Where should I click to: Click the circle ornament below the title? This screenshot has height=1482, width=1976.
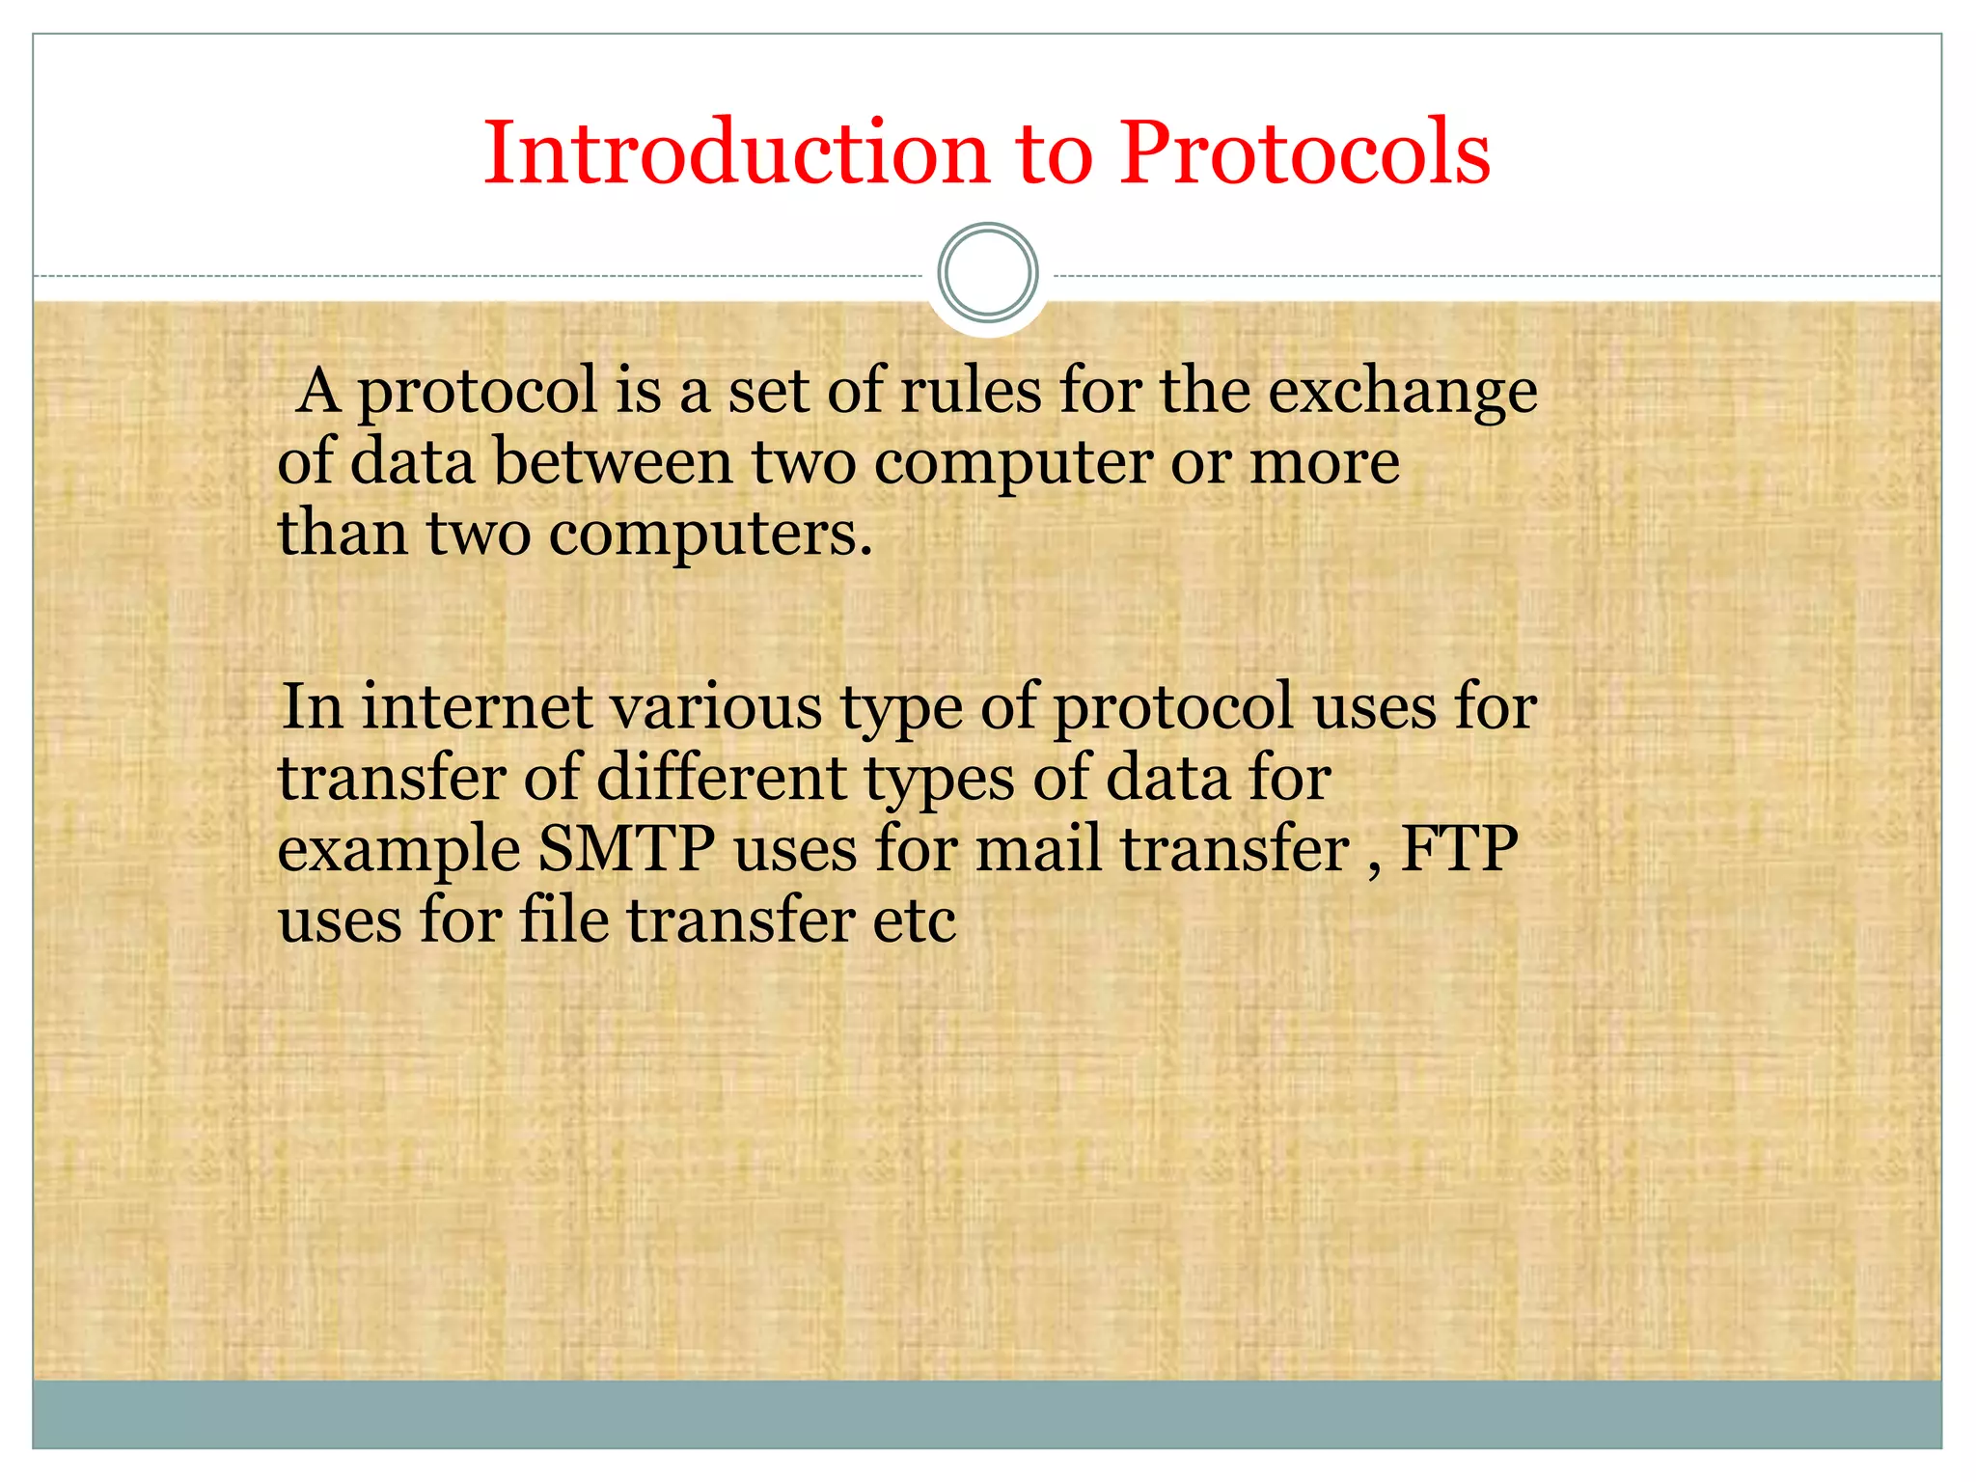tap(987, 272)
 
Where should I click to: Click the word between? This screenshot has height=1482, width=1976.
tap(613, 461)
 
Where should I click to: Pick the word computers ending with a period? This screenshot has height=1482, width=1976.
tap(710, 535)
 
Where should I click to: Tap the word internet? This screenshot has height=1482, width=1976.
tap(477, 706)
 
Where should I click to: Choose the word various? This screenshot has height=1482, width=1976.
tap(716, 706)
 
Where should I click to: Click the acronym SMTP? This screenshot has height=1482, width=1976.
tap(626, 849)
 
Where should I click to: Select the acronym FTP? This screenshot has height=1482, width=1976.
tap(1459, 849)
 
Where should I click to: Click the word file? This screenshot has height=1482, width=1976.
tap(564, 919)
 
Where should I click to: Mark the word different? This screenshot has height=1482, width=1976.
tap(721, 778)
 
